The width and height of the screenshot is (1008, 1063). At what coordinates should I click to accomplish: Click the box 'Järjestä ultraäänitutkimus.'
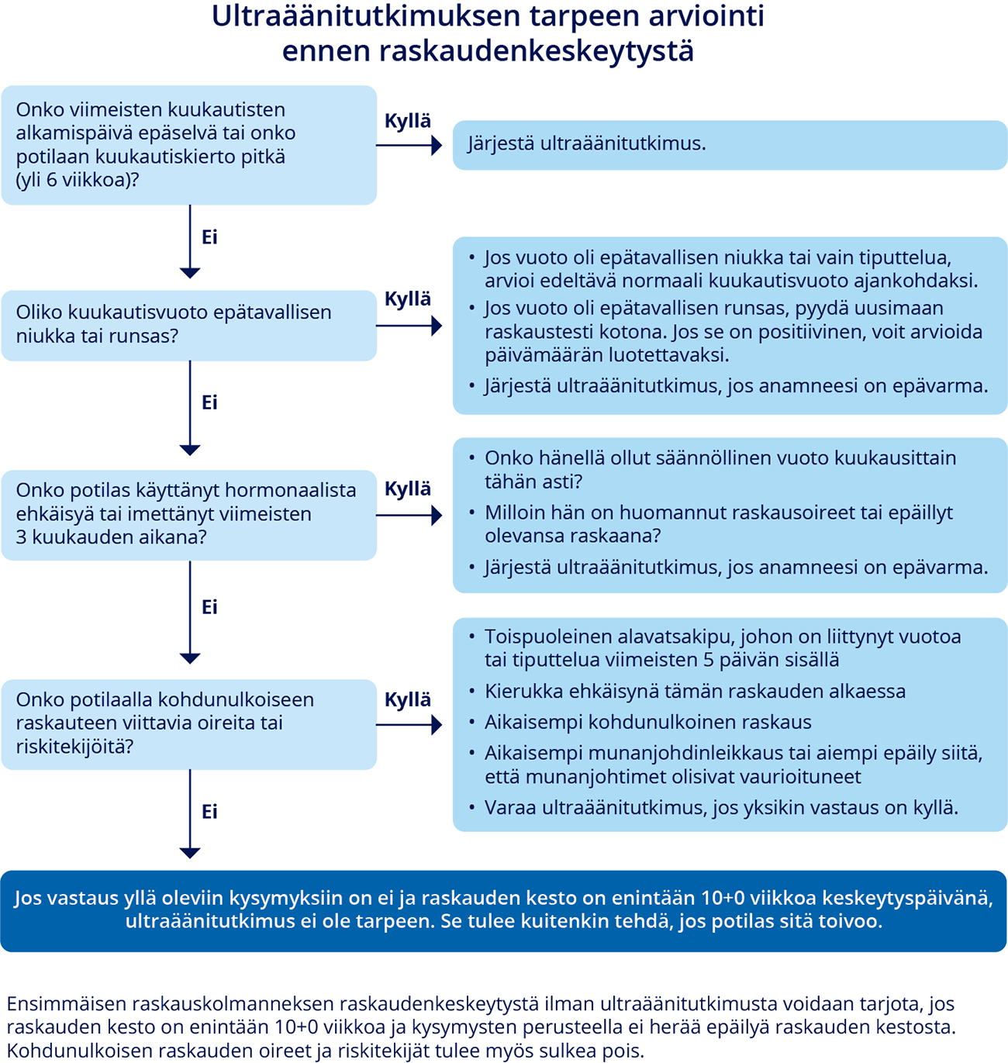tap(729, 144)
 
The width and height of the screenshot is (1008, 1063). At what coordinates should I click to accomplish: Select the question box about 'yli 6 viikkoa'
tap(188, 145)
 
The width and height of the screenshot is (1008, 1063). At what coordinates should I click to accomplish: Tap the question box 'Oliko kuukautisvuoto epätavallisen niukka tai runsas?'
tap(188, 325)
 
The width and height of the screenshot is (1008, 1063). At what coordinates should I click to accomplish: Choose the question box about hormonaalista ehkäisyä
tap(188, 514)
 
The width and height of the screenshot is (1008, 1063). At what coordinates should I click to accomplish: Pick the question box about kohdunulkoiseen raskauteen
tap(188, 723)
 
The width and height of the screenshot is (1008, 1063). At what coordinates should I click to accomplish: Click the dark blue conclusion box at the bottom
tap(503, 910)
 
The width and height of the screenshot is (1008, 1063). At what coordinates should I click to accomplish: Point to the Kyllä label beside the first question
tap(408, 121)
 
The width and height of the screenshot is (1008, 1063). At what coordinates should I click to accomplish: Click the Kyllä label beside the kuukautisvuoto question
tap(408, 299)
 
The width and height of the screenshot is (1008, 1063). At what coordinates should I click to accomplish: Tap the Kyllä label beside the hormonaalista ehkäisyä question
tap(408, 488)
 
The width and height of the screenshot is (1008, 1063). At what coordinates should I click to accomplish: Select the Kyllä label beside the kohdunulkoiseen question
tap(408, 699)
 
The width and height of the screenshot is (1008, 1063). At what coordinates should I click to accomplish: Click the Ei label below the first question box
tap(209, 237)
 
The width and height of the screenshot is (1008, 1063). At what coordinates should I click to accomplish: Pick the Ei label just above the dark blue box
tap(209, 812)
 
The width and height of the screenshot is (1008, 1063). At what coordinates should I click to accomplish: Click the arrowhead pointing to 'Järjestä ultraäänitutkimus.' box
tap(437, 145)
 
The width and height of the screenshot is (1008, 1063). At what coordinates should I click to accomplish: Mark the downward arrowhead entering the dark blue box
tap(190, 853)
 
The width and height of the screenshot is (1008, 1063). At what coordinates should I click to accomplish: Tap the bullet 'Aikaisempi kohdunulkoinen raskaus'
tap(647, 723)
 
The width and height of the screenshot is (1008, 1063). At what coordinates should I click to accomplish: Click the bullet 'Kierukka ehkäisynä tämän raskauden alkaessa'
tap(695, 692)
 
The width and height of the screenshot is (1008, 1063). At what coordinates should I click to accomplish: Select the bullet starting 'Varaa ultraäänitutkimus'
tap(721, 808)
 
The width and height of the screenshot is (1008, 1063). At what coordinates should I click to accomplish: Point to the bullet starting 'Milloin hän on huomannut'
tap(718, 524)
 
